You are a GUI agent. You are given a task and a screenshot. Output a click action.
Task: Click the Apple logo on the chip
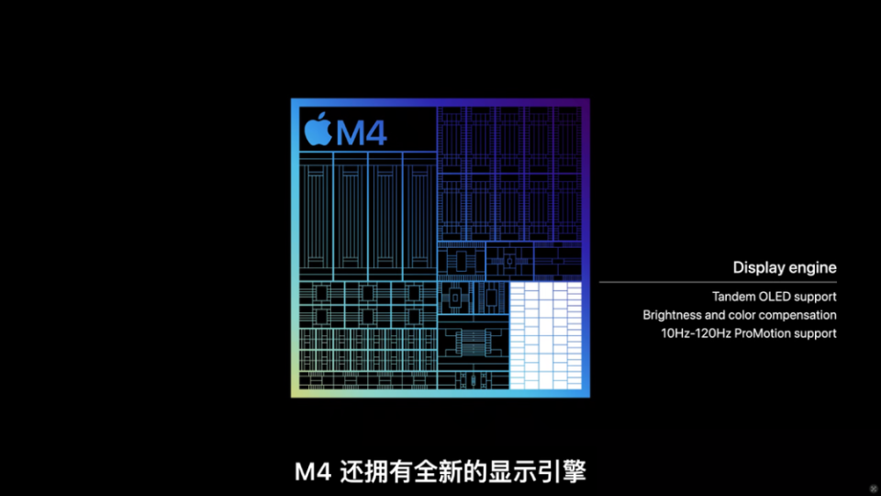click(x=316, y=130)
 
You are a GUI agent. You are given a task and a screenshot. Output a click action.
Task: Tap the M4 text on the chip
click(x=362, y=132)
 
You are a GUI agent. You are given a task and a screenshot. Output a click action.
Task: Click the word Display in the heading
click(x=758, y=267)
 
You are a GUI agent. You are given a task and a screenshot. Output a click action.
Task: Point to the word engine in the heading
click(x=812, y=268)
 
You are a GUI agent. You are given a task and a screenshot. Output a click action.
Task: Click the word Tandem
click(x=732, y=297)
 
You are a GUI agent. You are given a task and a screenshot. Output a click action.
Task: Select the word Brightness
click(x=671, y=315)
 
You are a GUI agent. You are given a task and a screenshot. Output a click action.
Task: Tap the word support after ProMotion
click(x=817, y=333)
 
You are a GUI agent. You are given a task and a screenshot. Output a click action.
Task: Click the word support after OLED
click(x=816, y=297)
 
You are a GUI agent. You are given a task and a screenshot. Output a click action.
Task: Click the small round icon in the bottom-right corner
click(x=873, y=488)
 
